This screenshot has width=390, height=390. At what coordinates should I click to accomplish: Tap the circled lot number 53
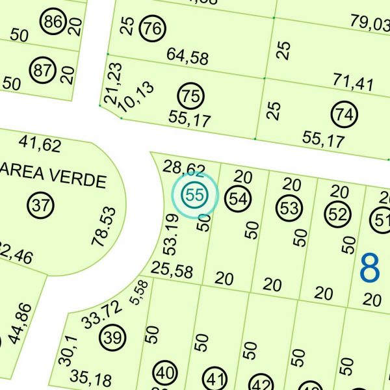coord(290,208)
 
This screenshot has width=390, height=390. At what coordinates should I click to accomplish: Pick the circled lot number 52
coord(337,214)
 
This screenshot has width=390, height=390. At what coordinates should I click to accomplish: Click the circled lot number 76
coord(153,29)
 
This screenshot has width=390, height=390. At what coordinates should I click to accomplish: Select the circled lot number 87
coord(43,70)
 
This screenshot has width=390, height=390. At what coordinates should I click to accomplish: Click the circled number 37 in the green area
coord(41,206)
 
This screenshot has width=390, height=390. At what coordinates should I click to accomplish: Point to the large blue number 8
coord(369,268)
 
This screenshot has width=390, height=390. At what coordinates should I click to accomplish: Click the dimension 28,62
coord(184,168)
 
